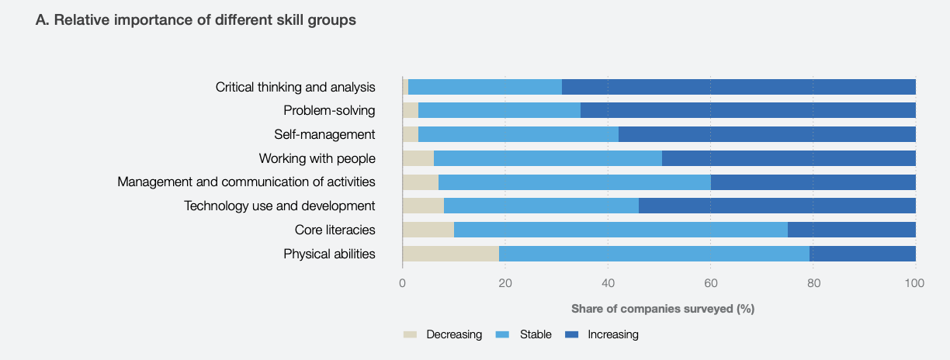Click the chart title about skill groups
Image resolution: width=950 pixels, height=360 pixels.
click(x=196, y=20)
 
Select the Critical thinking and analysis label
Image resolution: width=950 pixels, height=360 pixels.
click(x=295, y=87)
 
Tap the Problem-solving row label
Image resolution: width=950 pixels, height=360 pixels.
click(x=329, y=110)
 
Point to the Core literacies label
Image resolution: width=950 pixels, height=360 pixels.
click(x=335, y=230)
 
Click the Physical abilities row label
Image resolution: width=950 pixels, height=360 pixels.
click(x=329, y=254)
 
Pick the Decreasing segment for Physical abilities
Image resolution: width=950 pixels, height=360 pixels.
click(x=450, y=254)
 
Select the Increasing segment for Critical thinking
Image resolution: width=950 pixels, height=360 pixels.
click(x=738, y=87)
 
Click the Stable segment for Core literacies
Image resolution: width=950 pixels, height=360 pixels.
click(x=620, y=230)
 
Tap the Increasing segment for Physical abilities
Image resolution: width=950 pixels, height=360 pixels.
click(x=862, y=254)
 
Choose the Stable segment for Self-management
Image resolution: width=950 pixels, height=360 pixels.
click(x=518, y=134)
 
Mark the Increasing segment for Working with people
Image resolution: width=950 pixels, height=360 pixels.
click(x=789, y=158)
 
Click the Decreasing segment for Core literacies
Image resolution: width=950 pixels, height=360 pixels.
click(x=428, y=230)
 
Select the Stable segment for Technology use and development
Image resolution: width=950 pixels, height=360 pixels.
click(x=541, y=206)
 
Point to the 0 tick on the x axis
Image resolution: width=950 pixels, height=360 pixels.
click(x=402, y=284)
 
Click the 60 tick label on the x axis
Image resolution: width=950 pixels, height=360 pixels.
click(x=710, y=284)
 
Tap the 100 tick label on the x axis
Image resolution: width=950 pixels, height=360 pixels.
click(x=915, y=284)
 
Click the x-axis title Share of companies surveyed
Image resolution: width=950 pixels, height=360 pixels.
click(x=663, y=309)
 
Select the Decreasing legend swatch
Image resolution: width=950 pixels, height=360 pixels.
click(x=410, y=334)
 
